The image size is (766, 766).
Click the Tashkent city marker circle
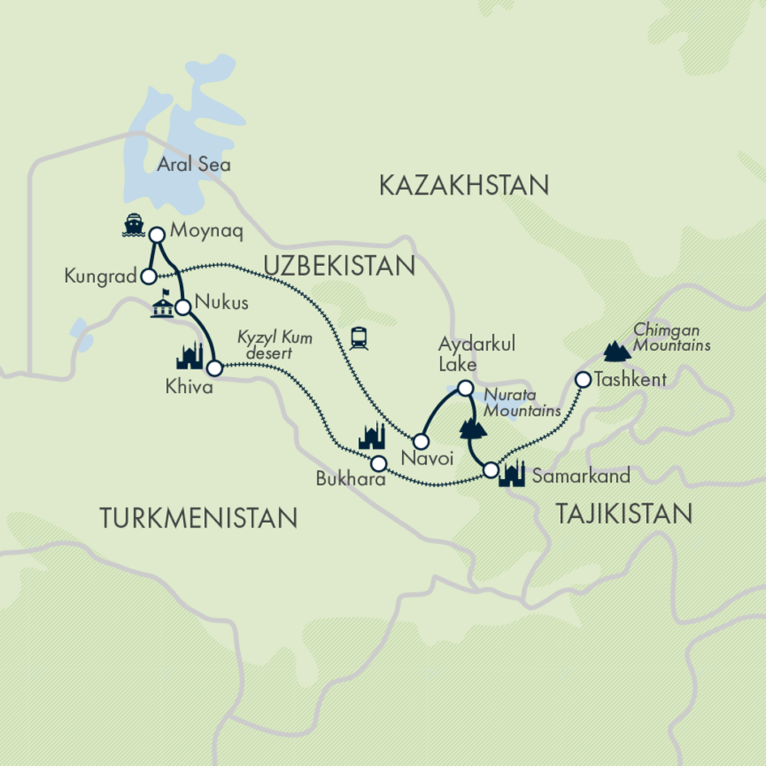(x=582, y=379)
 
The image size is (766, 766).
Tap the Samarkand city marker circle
(x=490, y=469)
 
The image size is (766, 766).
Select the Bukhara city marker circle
(x=379, y=464)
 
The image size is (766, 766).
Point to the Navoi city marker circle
(x=421, y=442)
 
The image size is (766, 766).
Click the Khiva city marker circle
(x=214, y=369)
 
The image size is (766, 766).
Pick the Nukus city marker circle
(x=183, y=307)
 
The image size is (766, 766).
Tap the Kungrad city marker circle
(x=148, y=276)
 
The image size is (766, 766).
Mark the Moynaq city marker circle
(x=157, y=234)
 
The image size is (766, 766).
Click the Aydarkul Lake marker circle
(x=465, y=388)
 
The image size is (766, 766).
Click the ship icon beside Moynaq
(x=132, y=226)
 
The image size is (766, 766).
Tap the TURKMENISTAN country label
(x=198, y=516)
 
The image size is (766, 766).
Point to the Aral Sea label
(x=194, y=165)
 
